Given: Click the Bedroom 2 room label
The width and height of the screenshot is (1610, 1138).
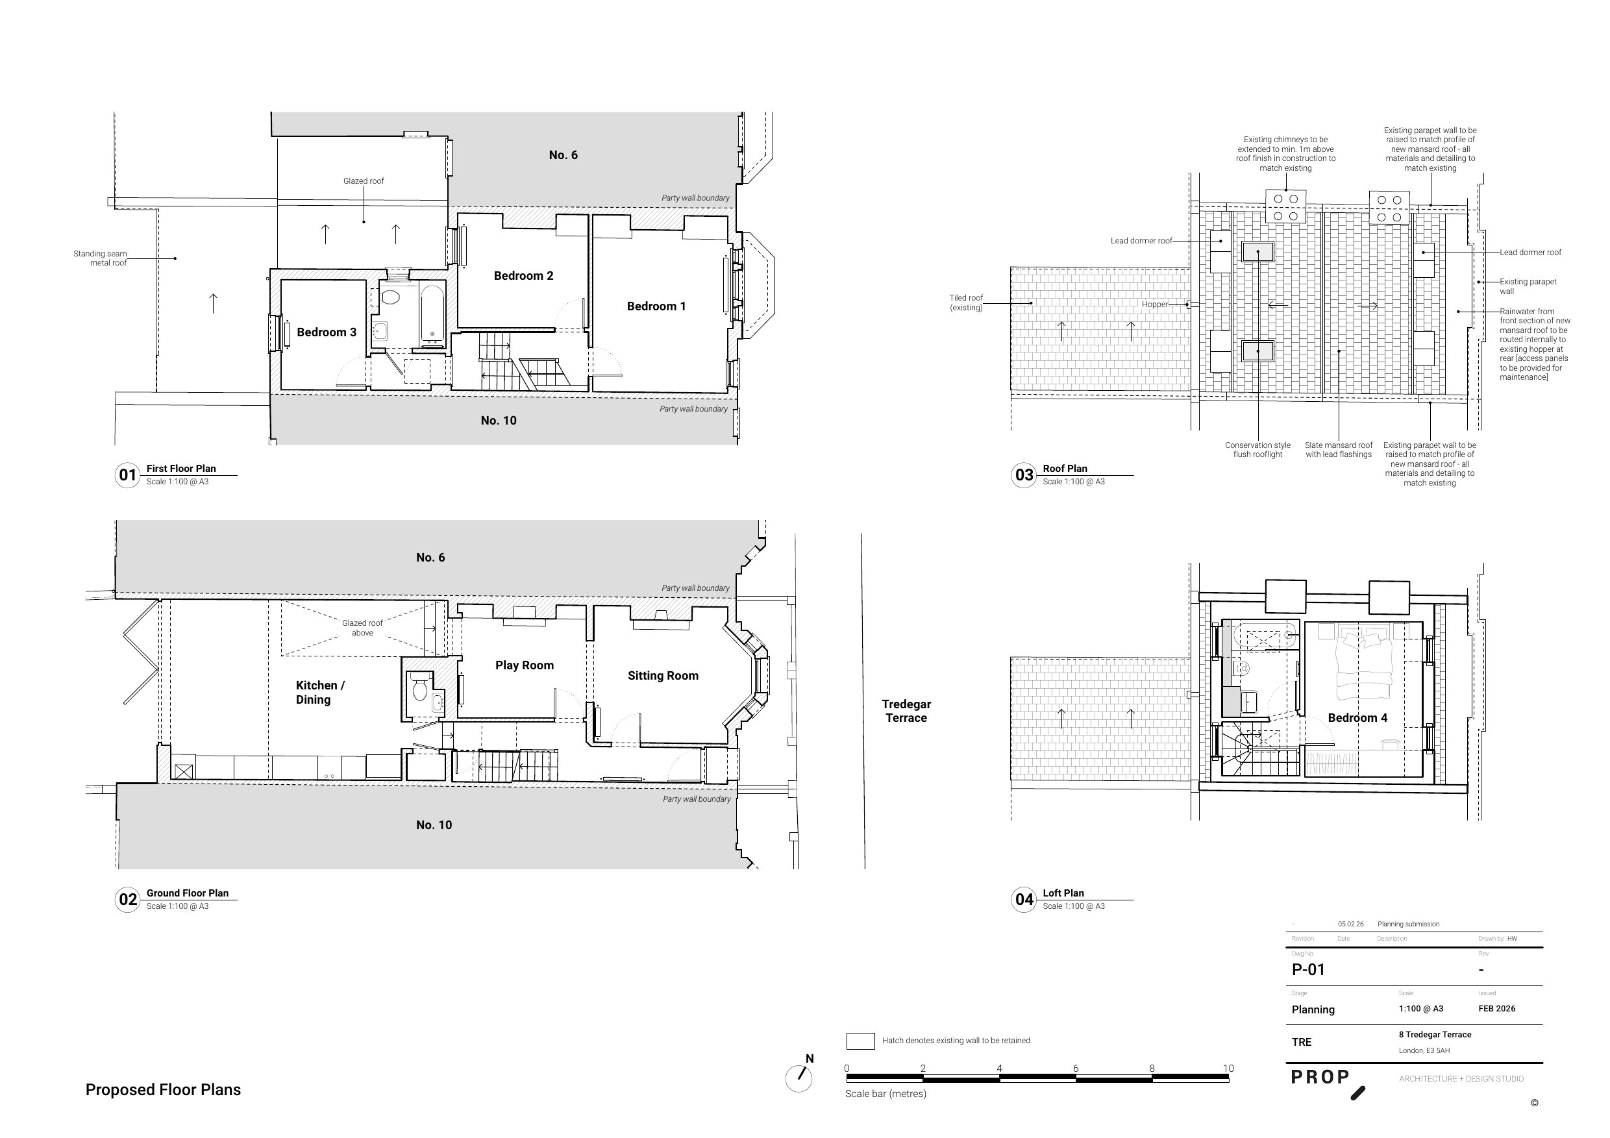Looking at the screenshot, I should point(523,275).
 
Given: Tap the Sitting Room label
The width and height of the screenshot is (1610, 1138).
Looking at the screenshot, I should point(663,675).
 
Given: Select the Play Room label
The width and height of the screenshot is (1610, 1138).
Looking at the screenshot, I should point(524,665).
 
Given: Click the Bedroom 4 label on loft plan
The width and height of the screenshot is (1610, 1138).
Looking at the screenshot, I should point(1357,717).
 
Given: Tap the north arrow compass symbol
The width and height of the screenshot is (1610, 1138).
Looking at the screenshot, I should point(799,1078).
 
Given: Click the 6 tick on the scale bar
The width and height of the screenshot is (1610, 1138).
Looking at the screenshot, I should point(1075,1069).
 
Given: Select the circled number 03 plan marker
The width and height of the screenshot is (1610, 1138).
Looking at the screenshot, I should point(1024,475).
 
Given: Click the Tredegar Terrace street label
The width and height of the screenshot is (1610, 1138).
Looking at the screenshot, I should point(906,710).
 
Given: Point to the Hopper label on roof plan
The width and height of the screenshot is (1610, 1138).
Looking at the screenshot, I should point(1154,304).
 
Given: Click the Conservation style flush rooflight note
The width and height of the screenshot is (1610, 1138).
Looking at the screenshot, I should point(1257,449).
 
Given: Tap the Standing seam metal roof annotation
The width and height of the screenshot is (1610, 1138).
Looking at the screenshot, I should point(100,258).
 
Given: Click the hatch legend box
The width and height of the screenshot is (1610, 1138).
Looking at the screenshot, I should point(860,1041).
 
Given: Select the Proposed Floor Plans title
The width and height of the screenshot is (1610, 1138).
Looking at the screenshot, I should point(163,1089).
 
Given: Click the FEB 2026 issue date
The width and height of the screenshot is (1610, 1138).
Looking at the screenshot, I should point(1496,1008).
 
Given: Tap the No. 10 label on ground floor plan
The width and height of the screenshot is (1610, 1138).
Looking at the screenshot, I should point(434,824).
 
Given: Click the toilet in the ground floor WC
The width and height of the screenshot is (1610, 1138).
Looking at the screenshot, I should point(420,689).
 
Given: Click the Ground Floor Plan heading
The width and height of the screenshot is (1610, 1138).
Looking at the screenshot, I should point(187,893).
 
